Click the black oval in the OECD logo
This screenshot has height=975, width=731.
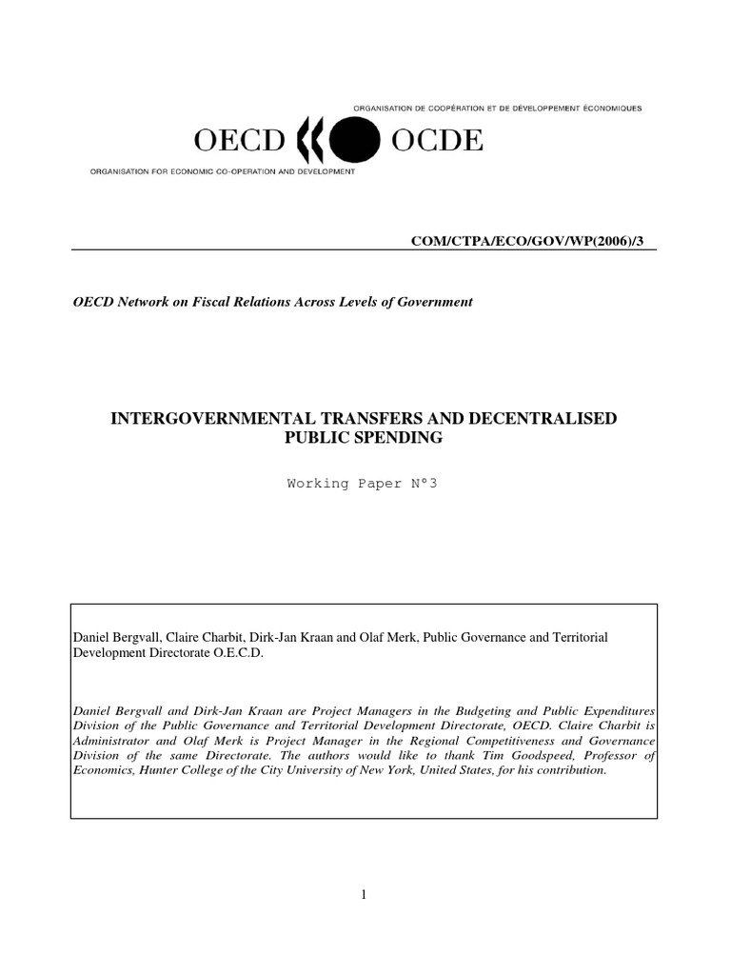pos(349,143)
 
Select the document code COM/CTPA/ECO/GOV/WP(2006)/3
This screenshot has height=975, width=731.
pos(533,242)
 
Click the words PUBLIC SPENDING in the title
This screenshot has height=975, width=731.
pos(365,439)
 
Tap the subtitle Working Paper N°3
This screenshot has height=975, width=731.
pos(365,483)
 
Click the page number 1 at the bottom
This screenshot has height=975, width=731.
pos(365,892)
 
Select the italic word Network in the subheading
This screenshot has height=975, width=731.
pos(141,302)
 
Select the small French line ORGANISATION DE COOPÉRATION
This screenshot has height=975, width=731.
pos(496,109)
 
